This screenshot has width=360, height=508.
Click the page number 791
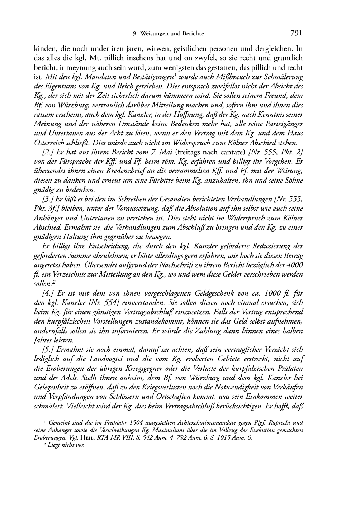point(297,33)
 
